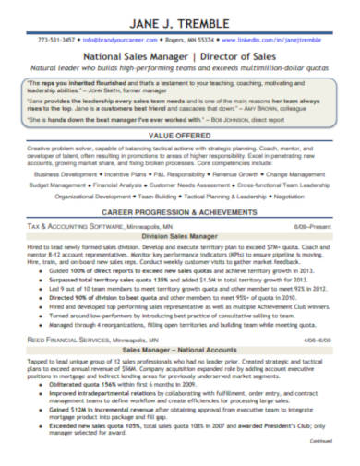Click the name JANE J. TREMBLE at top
point(180,19)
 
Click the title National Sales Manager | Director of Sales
point(180,56)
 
